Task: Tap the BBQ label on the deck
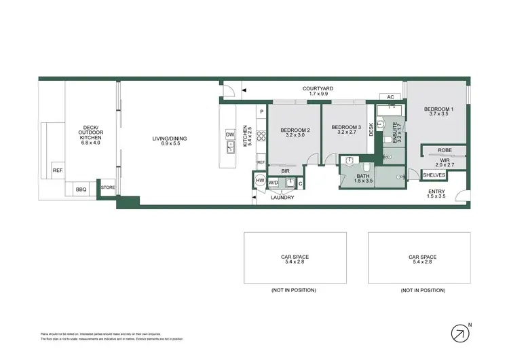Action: click(81, 190)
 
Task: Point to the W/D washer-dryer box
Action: click(274, 182)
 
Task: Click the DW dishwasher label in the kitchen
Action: click(230, 134)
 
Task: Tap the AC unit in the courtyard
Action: click(390, 97)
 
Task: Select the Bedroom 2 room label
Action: click(295, 130)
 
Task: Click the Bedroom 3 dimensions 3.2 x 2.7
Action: click(345, 133)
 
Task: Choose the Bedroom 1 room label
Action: click(439, 109)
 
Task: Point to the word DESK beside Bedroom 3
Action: click(371, 129)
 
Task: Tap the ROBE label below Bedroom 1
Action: click(445, 150)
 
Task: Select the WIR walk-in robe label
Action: click(445, 160)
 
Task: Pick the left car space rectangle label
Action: click(295, 257)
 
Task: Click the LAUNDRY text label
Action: click(282, 198)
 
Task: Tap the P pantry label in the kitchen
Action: click(261, 111)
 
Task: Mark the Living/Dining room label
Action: click(169, 139)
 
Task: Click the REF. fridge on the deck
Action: click(58, 171)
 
